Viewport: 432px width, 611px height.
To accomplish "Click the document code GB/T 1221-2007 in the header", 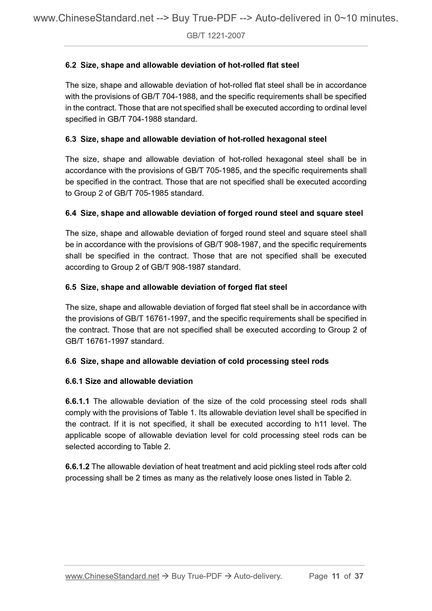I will point(216,36).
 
